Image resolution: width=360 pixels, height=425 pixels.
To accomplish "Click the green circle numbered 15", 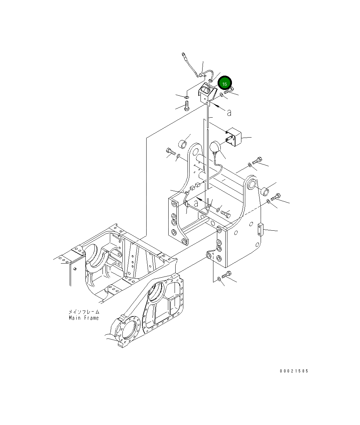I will click(225, 84).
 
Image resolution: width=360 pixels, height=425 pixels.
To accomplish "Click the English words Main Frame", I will click(84, 318).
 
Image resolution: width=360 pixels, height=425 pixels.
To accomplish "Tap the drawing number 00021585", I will click(294, 371).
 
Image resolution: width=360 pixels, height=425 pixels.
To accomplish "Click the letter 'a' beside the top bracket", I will click(229, 113).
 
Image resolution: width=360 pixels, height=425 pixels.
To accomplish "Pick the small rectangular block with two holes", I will click(261, 229).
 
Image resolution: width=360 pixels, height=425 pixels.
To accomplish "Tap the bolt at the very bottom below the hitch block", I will click(226, 275).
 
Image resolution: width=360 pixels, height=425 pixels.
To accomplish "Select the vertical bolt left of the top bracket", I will click(186, 105).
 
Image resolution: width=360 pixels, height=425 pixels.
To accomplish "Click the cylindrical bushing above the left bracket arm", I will click(183, 144).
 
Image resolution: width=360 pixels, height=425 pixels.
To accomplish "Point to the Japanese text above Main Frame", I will click(84, 311).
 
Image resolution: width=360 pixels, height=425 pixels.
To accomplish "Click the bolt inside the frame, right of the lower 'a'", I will click(225, 212).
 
